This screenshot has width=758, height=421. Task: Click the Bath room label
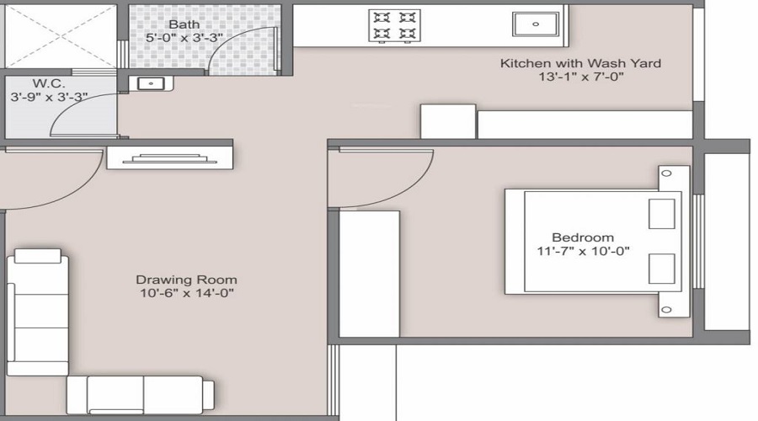pyautogui.click(x=184, y=24)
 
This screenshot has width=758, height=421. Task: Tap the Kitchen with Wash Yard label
pyautogui.click(x=580, y=63)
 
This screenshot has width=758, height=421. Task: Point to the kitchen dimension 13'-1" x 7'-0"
pyautogui.click(x=580, y=77)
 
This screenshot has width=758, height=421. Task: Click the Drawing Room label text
pyautogui.click(x=186, y=280)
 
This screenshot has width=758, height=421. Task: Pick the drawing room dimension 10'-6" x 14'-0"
pyautogui.click(x=186, y=293)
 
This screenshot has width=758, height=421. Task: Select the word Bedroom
pyautogui.click(x=583, y=237)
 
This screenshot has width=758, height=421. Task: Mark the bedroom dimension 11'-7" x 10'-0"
pyautogui.click(x=583, y=251)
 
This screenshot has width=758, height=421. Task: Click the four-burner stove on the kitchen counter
pyautogui.click(x=394, y=24)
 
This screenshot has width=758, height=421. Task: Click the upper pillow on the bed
pyautogui.click(x=661, y=214)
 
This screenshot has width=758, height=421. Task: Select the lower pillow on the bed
pyautogui.click(x=661, y=269)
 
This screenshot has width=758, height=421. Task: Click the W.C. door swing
pyautogui.click(x=84, y=118)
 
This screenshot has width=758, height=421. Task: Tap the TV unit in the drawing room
pyautogui.click(x=168, y=157)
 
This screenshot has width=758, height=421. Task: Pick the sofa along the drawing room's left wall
pyautogui.click(x=38, y=312)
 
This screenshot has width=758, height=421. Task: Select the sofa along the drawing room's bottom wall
pyautogui.click(x=139, y=394)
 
